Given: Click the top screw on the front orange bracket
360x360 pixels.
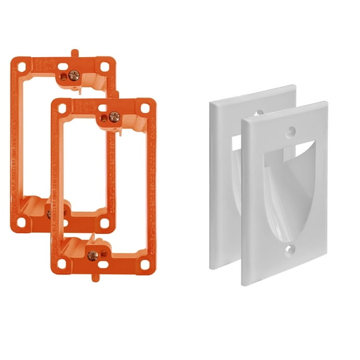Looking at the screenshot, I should pyautogui.click(x=114, y=116).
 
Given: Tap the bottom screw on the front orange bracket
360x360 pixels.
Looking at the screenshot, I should pyautogui.click(x=92, y=255).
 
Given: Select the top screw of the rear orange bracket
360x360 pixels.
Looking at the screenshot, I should pyautogui.click(x=74, y=75).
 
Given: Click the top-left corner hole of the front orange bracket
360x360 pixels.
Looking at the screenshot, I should pyautogui.click(x=62, y=108).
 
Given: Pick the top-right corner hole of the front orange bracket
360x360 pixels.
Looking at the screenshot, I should pyautogui.click(x=145, y=108).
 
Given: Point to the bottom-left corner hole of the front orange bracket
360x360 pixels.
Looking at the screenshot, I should pyautogui.click(x=62, y=264).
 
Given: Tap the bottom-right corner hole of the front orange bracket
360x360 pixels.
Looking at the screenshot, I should pyautogui.click(x=145, y=264).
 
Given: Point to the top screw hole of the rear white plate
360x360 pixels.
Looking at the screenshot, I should pyautogui.click(x=258, y=114).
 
